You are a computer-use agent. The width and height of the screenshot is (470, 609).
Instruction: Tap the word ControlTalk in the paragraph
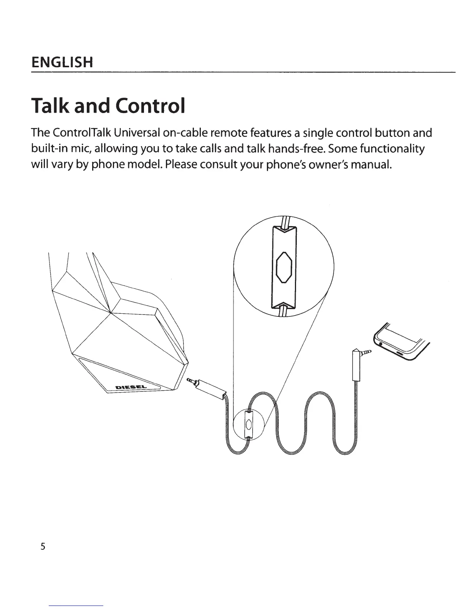pos(78,133)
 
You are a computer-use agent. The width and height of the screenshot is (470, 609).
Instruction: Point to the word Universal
pos(134,133)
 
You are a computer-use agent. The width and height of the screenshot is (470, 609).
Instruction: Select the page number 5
pos(43,546)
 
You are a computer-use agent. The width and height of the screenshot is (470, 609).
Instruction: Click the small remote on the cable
pos(248,424)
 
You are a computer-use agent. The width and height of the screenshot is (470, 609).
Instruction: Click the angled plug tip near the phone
pos(368,351)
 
